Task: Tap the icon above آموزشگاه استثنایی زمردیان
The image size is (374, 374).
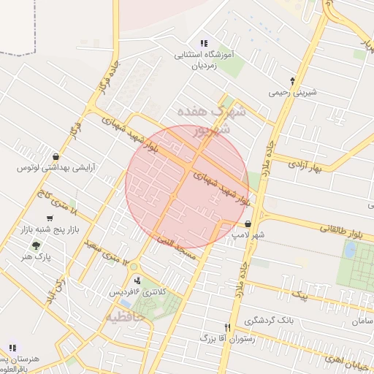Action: click(x=204, y=43)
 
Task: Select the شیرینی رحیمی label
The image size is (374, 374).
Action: click(x=294, y=93)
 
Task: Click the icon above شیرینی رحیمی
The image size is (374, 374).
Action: click(x=294, y=81)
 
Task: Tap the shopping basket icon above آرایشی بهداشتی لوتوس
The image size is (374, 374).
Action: click(x=56, y=156)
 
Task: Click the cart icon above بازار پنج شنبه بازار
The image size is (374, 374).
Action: click(x=50, y=218)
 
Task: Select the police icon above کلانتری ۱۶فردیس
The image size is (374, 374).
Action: click(x=137, y=280)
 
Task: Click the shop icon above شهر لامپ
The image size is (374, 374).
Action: click(x=249, y=225)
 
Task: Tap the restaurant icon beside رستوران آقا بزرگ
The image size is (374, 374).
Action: click(x=228, y=328)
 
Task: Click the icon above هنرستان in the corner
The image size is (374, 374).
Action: click(x=12, y=348)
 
